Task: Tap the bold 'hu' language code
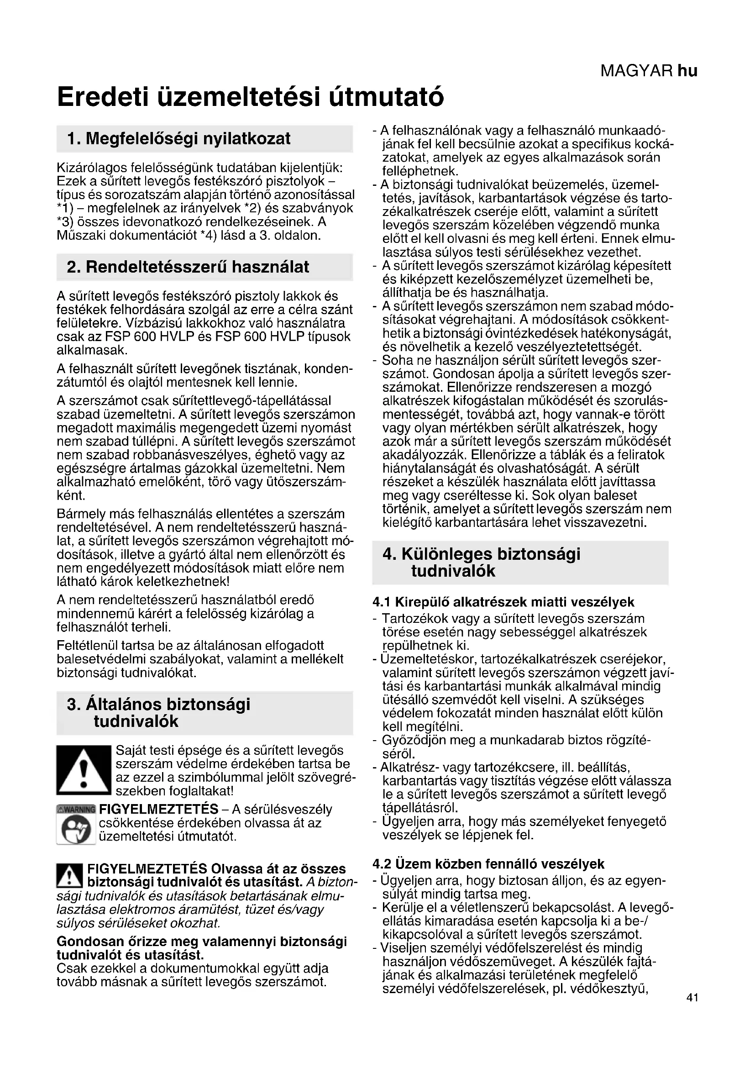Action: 687,71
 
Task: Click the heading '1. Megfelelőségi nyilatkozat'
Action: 178,138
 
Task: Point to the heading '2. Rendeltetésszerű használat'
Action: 188,267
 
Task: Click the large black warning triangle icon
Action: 84,770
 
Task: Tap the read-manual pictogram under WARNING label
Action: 76,829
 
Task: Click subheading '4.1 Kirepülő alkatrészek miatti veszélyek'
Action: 503,602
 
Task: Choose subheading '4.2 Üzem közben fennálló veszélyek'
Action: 488,864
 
